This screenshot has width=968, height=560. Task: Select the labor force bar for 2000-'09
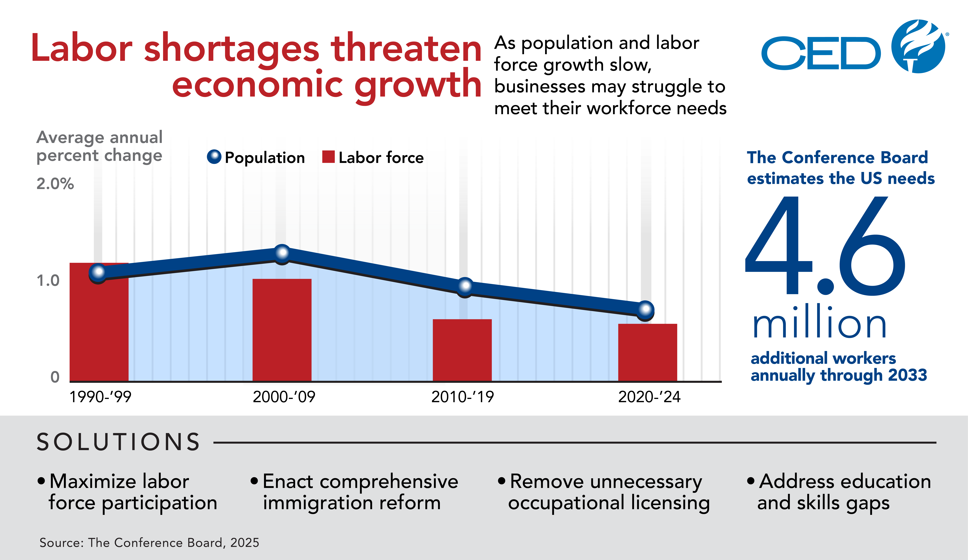pyautogui.click(x=282, y=330)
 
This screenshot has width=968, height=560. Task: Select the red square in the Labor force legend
pyautogui.click(x=328, y=157)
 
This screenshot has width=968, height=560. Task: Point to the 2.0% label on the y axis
pyautogui.click(x=55, y=184)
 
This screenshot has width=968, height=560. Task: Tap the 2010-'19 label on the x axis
pyautogui.click(x=463, y=397)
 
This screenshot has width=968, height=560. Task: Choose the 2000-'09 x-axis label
pyautogui.click(x=284, y=397)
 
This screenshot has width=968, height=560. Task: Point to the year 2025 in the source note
pyautogui.click(x=245, y=543)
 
